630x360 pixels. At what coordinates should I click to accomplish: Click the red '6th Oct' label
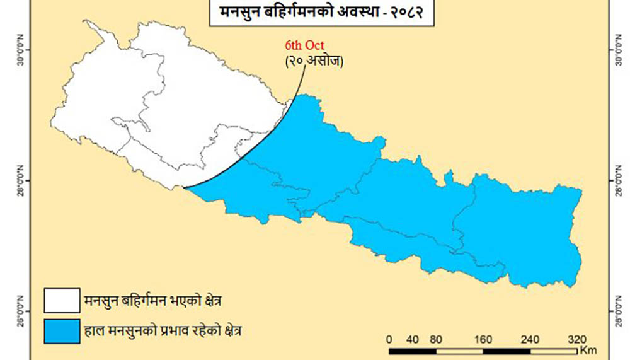coord(305,46)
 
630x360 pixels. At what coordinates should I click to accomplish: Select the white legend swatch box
coord(62,300)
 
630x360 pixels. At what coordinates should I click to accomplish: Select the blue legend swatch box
coord(62,331)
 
